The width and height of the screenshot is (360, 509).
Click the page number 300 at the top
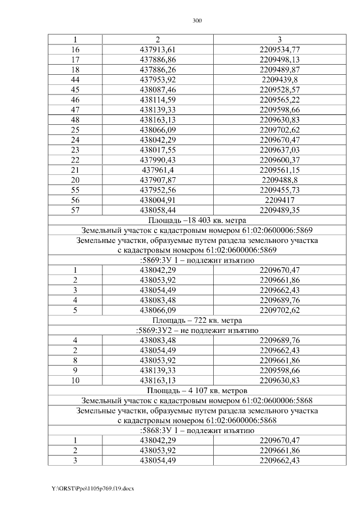(x=197, y=21)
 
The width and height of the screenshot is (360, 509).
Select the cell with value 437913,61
(x=157, y=49)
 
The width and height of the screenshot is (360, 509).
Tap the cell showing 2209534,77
(x=280, y=49)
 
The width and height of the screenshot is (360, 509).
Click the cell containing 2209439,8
(x=280, y=79)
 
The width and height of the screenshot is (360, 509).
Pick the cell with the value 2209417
(x=280, y=199)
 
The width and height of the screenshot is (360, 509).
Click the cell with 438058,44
(x=157, y=209)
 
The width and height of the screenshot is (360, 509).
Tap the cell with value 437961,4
(x=157, y=169)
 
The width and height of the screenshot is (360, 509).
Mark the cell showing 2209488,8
(x=280, y=179)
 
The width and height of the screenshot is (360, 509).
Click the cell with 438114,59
(x=157, y=100)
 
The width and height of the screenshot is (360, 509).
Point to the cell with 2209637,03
(x=280, y=150)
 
